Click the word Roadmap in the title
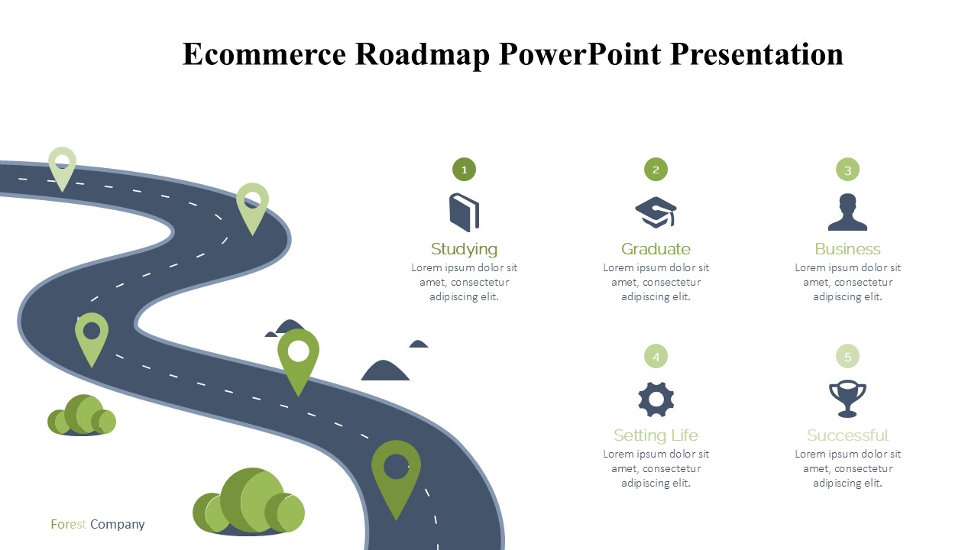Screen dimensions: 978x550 [423, 54]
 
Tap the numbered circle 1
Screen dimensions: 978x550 [464, 170]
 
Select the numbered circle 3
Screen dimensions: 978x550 [847, 170]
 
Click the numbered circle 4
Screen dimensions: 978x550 [656, 356]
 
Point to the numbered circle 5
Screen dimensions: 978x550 [847, 356]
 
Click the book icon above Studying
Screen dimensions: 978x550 [464, 212]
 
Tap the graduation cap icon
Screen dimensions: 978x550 [656, 212]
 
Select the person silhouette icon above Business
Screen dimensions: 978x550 [847, 212]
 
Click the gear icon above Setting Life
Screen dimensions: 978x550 [656, 400]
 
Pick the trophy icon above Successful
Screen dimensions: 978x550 [847, 400]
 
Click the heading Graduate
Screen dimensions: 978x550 [656, 249]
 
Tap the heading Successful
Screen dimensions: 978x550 [847, 435]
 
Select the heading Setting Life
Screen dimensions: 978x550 [656, 435]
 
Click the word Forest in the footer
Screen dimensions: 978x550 [68, 524]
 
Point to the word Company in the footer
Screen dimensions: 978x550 [118, 525]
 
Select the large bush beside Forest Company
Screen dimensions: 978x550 [249, 502]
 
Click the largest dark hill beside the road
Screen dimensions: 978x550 [384, 370]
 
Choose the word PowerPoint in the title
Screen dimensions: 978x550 [580, 54]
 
